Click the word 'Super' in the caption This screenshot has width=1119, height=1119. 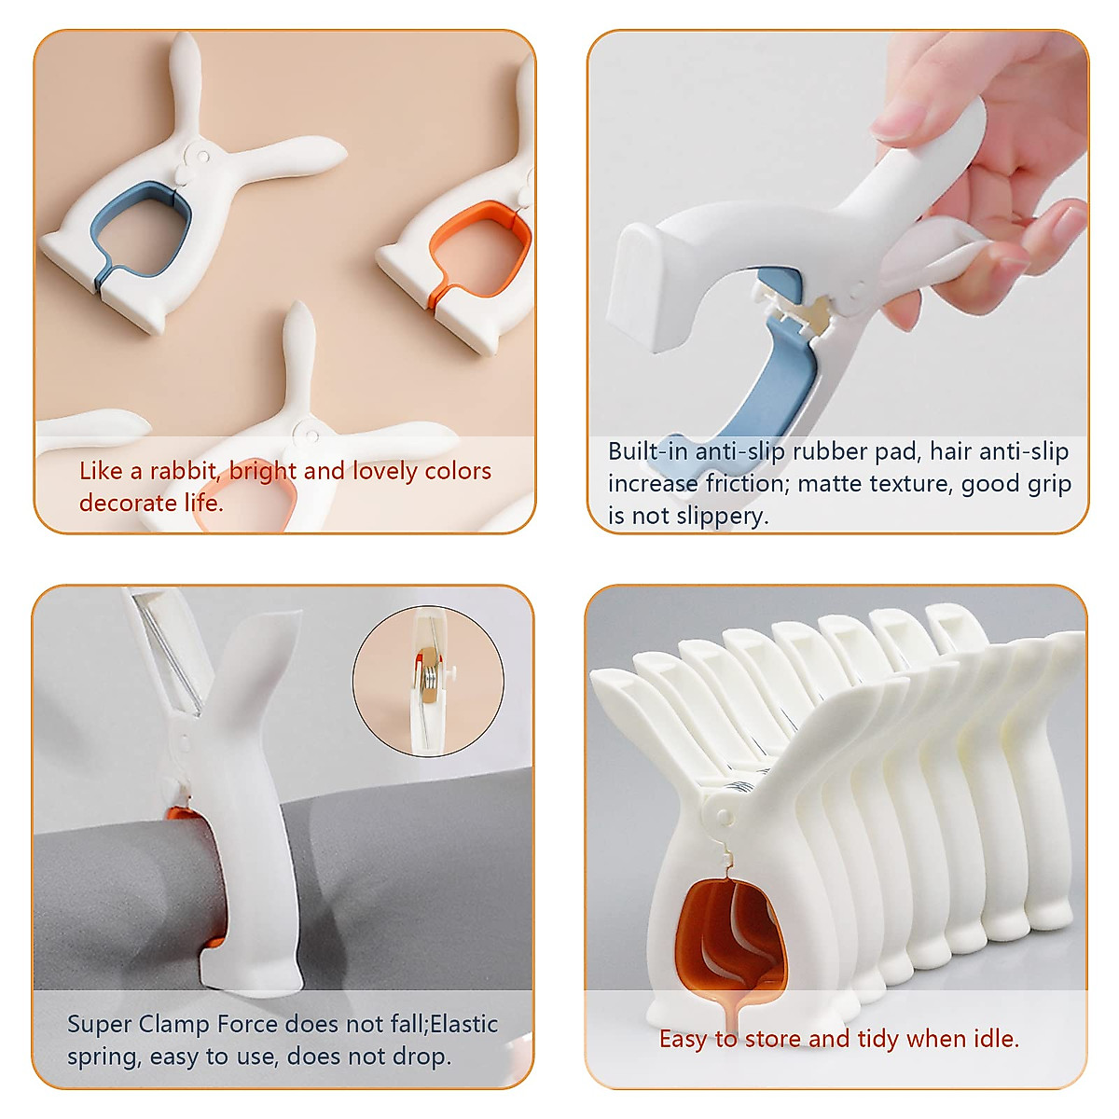coord(99,1024)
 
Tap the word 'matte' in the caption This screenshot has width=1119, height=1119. coord(829,484)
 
